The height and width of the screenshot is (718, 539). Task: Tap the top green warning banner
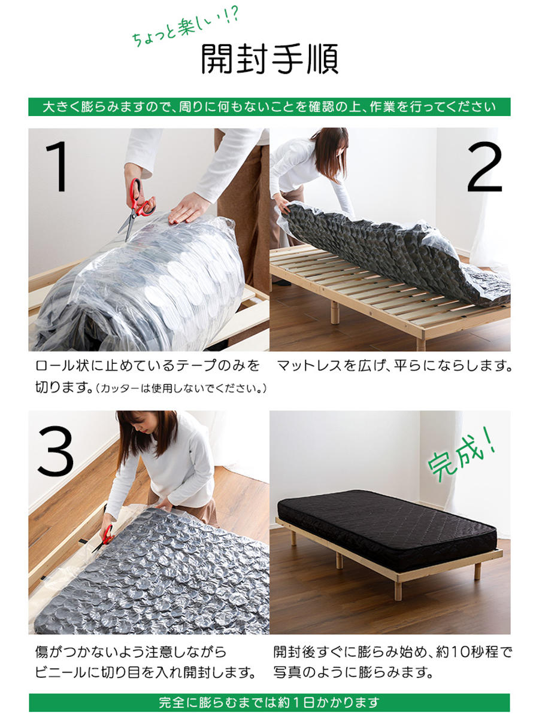pos(269,107)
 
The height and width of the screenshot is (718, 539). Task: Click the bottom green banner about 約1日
pos(269,702)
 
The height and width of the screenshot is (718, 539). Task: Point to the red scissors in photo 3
pos(103,536)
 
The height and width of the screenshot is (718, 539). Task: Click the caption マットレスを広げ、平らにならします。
pos(394,366)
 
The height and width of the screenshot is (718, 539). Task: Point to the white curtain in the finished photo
pos(479,461)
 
